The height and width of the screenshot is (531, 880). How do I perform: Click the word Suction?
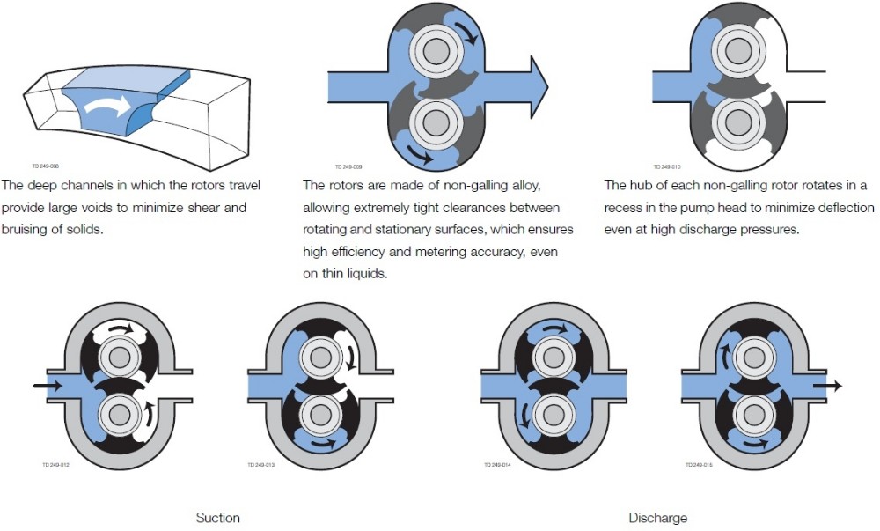coord(217,517)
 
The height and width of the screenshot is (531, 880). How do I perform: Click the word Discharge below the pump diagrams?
coord(657,517)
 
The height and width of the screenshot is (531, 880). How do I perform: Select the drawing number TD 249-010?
coord(668,166)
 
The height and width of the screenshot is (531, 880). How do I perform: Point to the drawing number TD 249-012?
coord(56,464)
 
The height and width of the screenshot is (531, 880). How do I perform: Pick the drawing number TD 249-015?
coord(696,464)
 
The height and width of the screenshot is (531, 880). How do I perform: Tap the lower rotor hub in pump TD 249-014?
coord(552,412)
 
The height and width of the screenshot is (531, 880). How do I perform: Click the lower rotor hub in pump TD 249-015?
coord(753,412)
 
